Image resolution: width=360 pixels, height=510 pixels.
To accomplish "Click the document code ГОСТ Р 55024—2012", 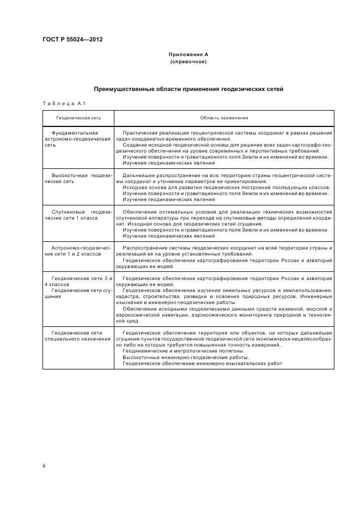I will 72,39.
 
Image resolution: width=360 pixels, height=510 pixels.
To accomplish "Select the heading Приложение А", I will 188,55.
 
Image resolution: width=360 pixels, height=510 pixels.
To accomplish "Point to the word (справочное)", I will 188,62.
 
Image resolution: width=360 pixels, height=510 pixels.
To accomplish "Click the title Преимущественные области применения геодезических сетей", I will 188,89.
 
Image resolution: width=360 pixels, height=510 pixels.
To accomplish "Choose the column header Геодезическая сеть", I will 79,118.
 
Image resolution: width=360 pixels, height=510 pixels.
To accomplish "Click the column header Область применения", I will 224,118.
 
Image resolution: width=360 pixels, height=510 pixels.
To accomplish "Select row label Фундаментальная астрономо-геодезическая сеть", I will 78,139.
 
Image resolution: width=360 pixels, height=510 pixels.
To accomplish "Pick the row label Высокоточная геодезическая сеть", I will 78,178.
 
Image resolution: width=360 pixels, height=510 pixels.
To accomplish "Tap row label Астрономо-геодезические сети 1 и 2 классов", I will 78,251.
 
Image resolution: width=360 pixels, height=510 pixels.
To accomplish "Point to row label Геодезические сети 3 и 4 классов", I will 78,281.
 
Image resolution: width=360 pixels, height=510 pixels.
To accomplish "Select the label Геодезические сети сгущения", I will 78,293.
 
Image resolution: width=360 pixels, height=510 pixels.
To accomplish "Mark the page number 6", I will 44,466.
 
